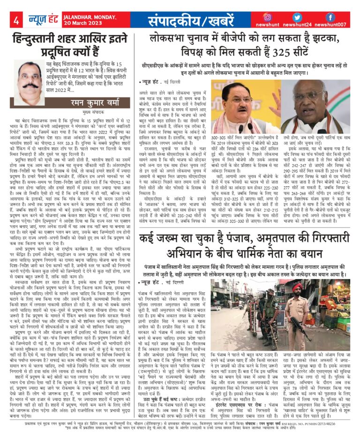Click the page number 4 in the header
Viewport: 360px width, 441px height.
coord(15,20)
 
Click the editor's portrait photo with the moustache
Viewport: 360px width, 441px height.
coord(30,78)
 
